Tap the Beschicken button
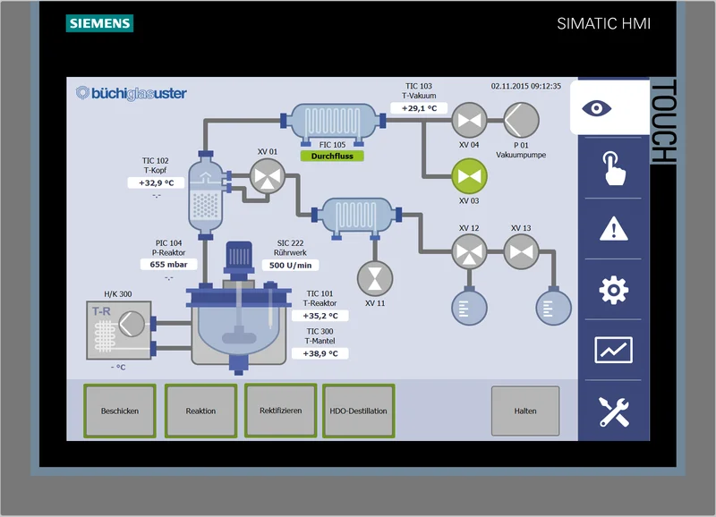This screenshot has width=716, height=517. pyautogui.click(x=119, y=411)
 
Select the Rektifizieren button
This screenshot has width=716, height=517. pyautogui.click(x=280, y=411)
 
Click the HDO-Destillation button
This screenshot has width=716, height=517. pyautogui.click(x=358, y=411)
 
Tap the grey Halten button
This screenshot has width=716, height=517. pyautogui.click(x=525, y=411)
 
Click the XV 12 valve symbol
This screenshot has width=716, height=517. pyautogui.click(x=468, y=251)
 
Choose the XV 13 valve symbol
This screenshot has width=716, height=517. pyautogui.click(x=520, y=251)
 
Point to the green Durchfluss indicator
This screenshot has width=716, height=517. pyautogui.click(x=332, y=157)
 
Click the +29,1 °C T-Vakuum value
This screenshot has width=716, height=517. pyautogui.click(x=418, y=108)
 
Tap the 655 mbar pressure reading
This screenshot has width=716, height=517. pyautogui.click(x=167, y=265)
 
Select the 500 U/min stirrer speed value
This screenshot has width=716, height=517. pyautogui.click(x=289, y=265)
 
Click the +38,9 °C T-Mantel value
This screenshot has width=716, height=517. pyautogui.click(x=320, y=353)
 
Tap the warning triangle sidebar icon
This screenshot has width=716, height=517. pyautogui.click(x=613, y=229)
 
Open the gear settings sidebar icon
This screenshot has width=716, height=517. pyautogui.click(x=613, y=290)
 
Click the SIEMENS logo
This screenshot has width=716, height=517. pyautogui.click(x=98, y=24)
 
